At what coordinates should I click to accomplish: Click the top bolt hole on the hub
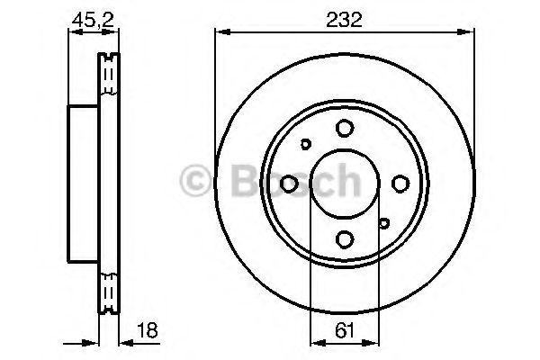click(x=345, y=129)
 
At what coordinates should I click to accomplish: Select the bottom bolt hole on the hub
click(x=345, y=238)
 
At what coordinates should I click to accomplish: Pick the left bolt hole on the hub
click(x=290, y=184)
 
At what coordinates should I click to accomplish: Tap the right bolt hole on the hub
click(x=400, y=184)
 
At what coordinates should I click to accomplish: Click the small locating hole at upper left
click(x=305, y=144)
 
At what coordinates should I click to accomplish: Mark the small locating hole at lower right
click(x=384, y=223)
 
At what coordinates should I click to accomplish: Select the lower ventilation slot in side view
click(x=110, y=290)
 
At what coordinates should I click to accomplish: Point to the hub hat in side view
click(x=82, y=183)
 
